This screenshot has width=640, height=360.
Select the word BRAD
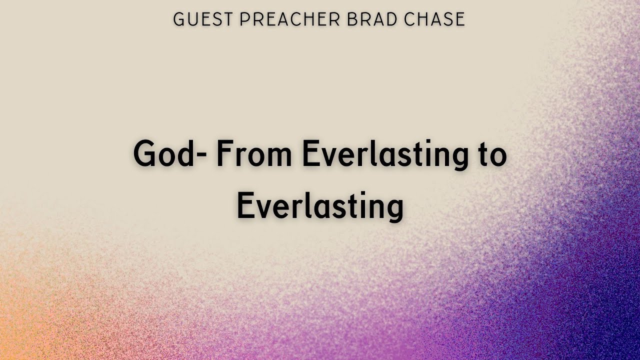point(363,19)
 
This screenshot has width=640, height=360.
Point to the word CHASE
point(432,19)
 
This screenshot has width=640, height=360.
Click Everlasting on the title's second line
point(320,207)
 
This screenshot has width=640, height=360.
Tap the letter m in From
point(280,156)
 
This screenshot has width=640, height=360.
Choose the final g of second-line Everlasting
point(393,210)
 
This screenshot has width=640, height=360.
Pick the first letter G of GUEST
point(179,19)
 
